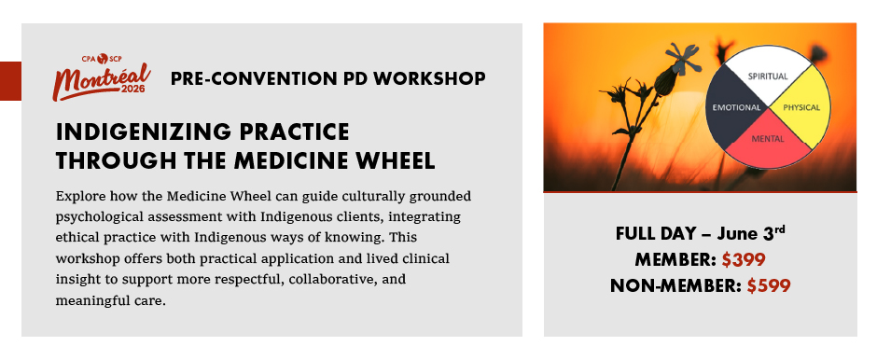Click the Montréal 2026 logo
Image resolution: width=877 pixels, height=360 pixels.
click(102, 77)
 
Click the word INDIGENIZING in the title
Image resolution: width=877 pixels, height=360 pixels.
click(144, 132)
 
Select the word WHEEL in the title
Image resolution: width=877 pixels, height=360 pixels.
click(396, 161)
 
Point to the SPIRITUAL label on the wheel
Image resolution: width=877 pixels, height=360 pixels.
click(767, 76)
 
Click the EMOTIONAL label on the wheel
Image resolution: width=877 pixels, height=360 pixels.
click(736, 107)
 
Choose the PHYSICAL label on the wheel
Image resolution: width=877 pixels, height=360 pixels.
click(801, 107)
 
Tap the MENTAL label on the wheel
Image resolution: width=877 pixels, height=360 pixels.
click(767, 139)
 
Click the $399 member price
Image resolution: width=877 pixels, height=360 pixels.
click(744, 260)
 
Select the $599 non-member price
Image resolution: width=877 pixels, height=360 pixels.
click(769, 285)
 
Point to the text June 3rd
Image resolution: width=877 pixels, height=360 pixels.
click(751, 233)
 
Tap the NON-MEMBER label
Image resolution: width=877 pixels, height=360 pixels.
click(676, 286)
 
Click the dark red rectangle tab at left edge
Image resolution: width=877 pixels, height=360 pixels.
click(10, 81)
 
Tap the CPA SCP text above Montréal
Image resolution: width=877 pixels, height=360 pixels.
click(102, 58)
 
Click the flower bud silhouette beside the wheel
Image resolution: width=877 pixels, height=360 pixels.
click(666, 81)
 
